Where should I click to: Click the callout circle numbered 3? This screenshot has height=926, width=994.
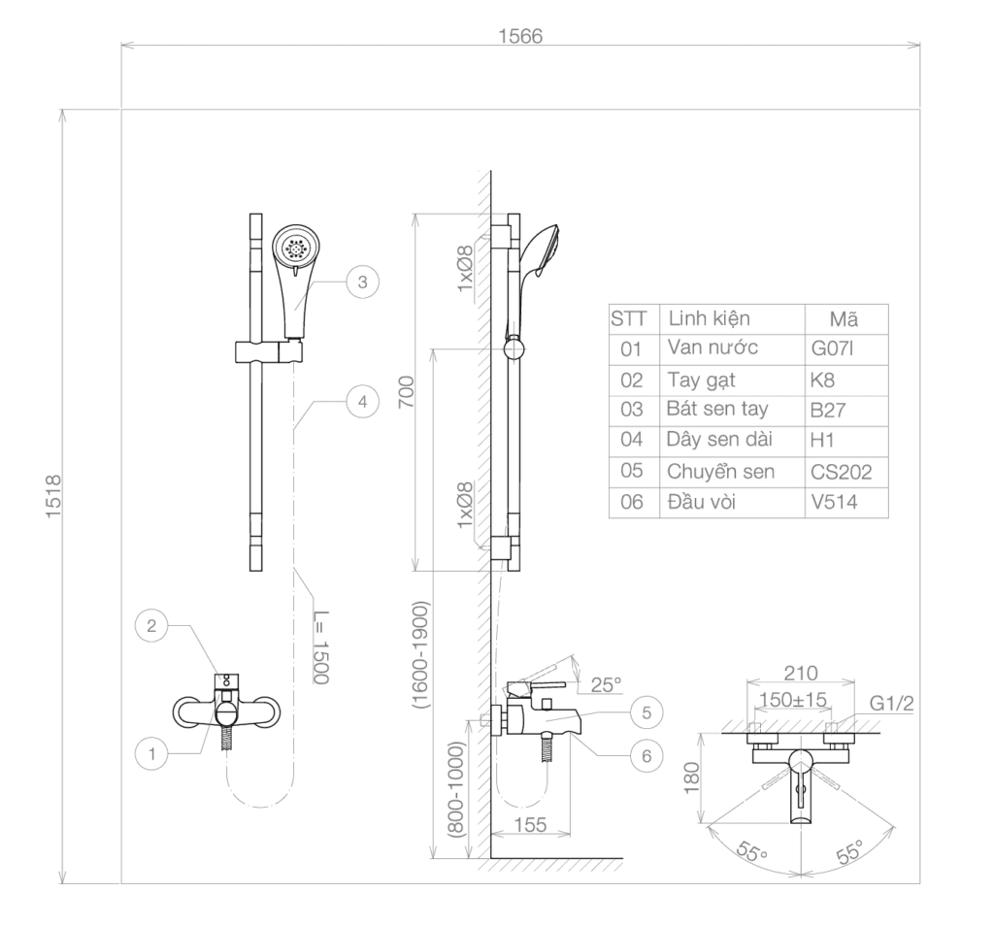(363, 282)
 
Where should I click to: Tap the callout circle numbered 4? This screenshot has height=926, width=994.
(363, 401)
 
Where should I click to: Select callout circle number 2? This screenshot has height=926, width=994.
(151, 626)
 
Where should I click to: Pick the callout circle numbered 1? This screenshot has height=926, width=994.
(151, 753)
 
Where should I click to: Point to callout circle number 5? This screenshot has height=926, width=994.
(646, 712)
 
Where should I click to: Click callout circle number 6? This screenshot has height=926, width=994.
(646, 755)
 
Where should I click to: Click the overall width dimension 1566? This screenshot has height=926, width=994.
(520, 36)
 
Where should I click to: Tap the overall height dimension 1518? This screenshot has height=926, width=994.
(53, 496)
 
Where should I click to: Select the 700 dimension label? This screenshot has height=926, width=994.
(406, 392)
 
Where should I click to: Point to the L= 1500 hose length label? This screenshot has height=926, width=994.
(321, 646)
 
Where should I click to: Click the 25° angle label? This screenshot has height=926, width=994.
(606, 684)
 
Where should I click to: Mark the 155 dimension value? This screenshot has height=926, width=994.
(531, 825)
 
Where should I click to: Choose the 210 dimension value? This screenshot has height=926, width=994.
(801, 673)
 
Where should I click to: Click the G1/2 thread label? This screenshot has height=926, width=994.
(892, 703)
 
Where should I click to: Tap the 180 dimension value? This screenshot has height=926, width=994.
(691, 777)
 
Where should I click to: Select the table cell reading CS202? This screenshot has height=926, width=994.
(842, 472)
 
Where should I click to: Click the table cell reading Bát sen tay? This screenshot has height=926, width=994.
(717, 409)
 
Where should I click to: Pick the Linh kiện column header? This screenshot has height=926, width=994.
(709, 318)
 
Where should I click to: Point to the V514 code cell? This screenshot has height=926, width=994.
(834, 502)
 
